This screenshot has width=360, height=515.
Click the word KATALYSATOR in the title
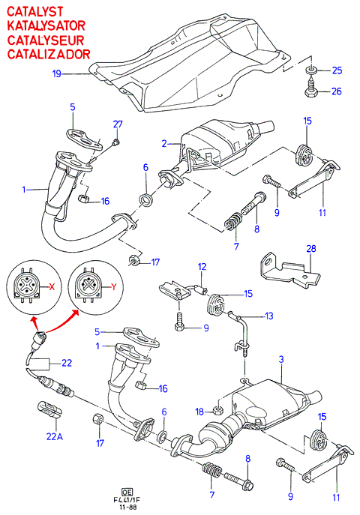46,25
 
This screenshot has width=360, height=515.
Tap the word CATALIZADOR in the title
49,54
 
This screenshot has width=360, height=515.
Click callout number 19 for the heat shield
57,73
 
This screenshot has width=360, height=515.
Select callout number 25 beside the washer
337,70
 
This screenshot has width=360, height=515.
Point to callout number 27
118,124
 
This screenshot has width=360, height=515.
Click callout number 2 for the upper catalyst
164,143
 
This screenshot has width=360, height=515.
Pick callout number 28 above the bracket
310,249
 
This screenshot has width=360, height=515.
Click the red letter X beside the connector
52,286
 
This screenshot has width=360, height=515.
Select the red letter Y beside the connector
114,286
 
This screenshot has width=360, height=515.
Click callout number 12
202,267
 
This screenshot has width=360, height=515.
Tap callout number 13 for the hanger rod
269,316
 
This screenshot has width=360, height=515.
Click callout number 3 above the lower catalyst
281,359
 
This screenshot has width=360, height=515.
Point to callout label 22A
55,436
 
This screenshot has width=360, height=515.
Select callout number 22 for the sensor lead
66,363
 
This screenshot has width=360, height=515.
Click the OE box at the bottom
127,492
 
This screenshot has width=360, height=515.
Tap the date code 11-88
127,507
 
